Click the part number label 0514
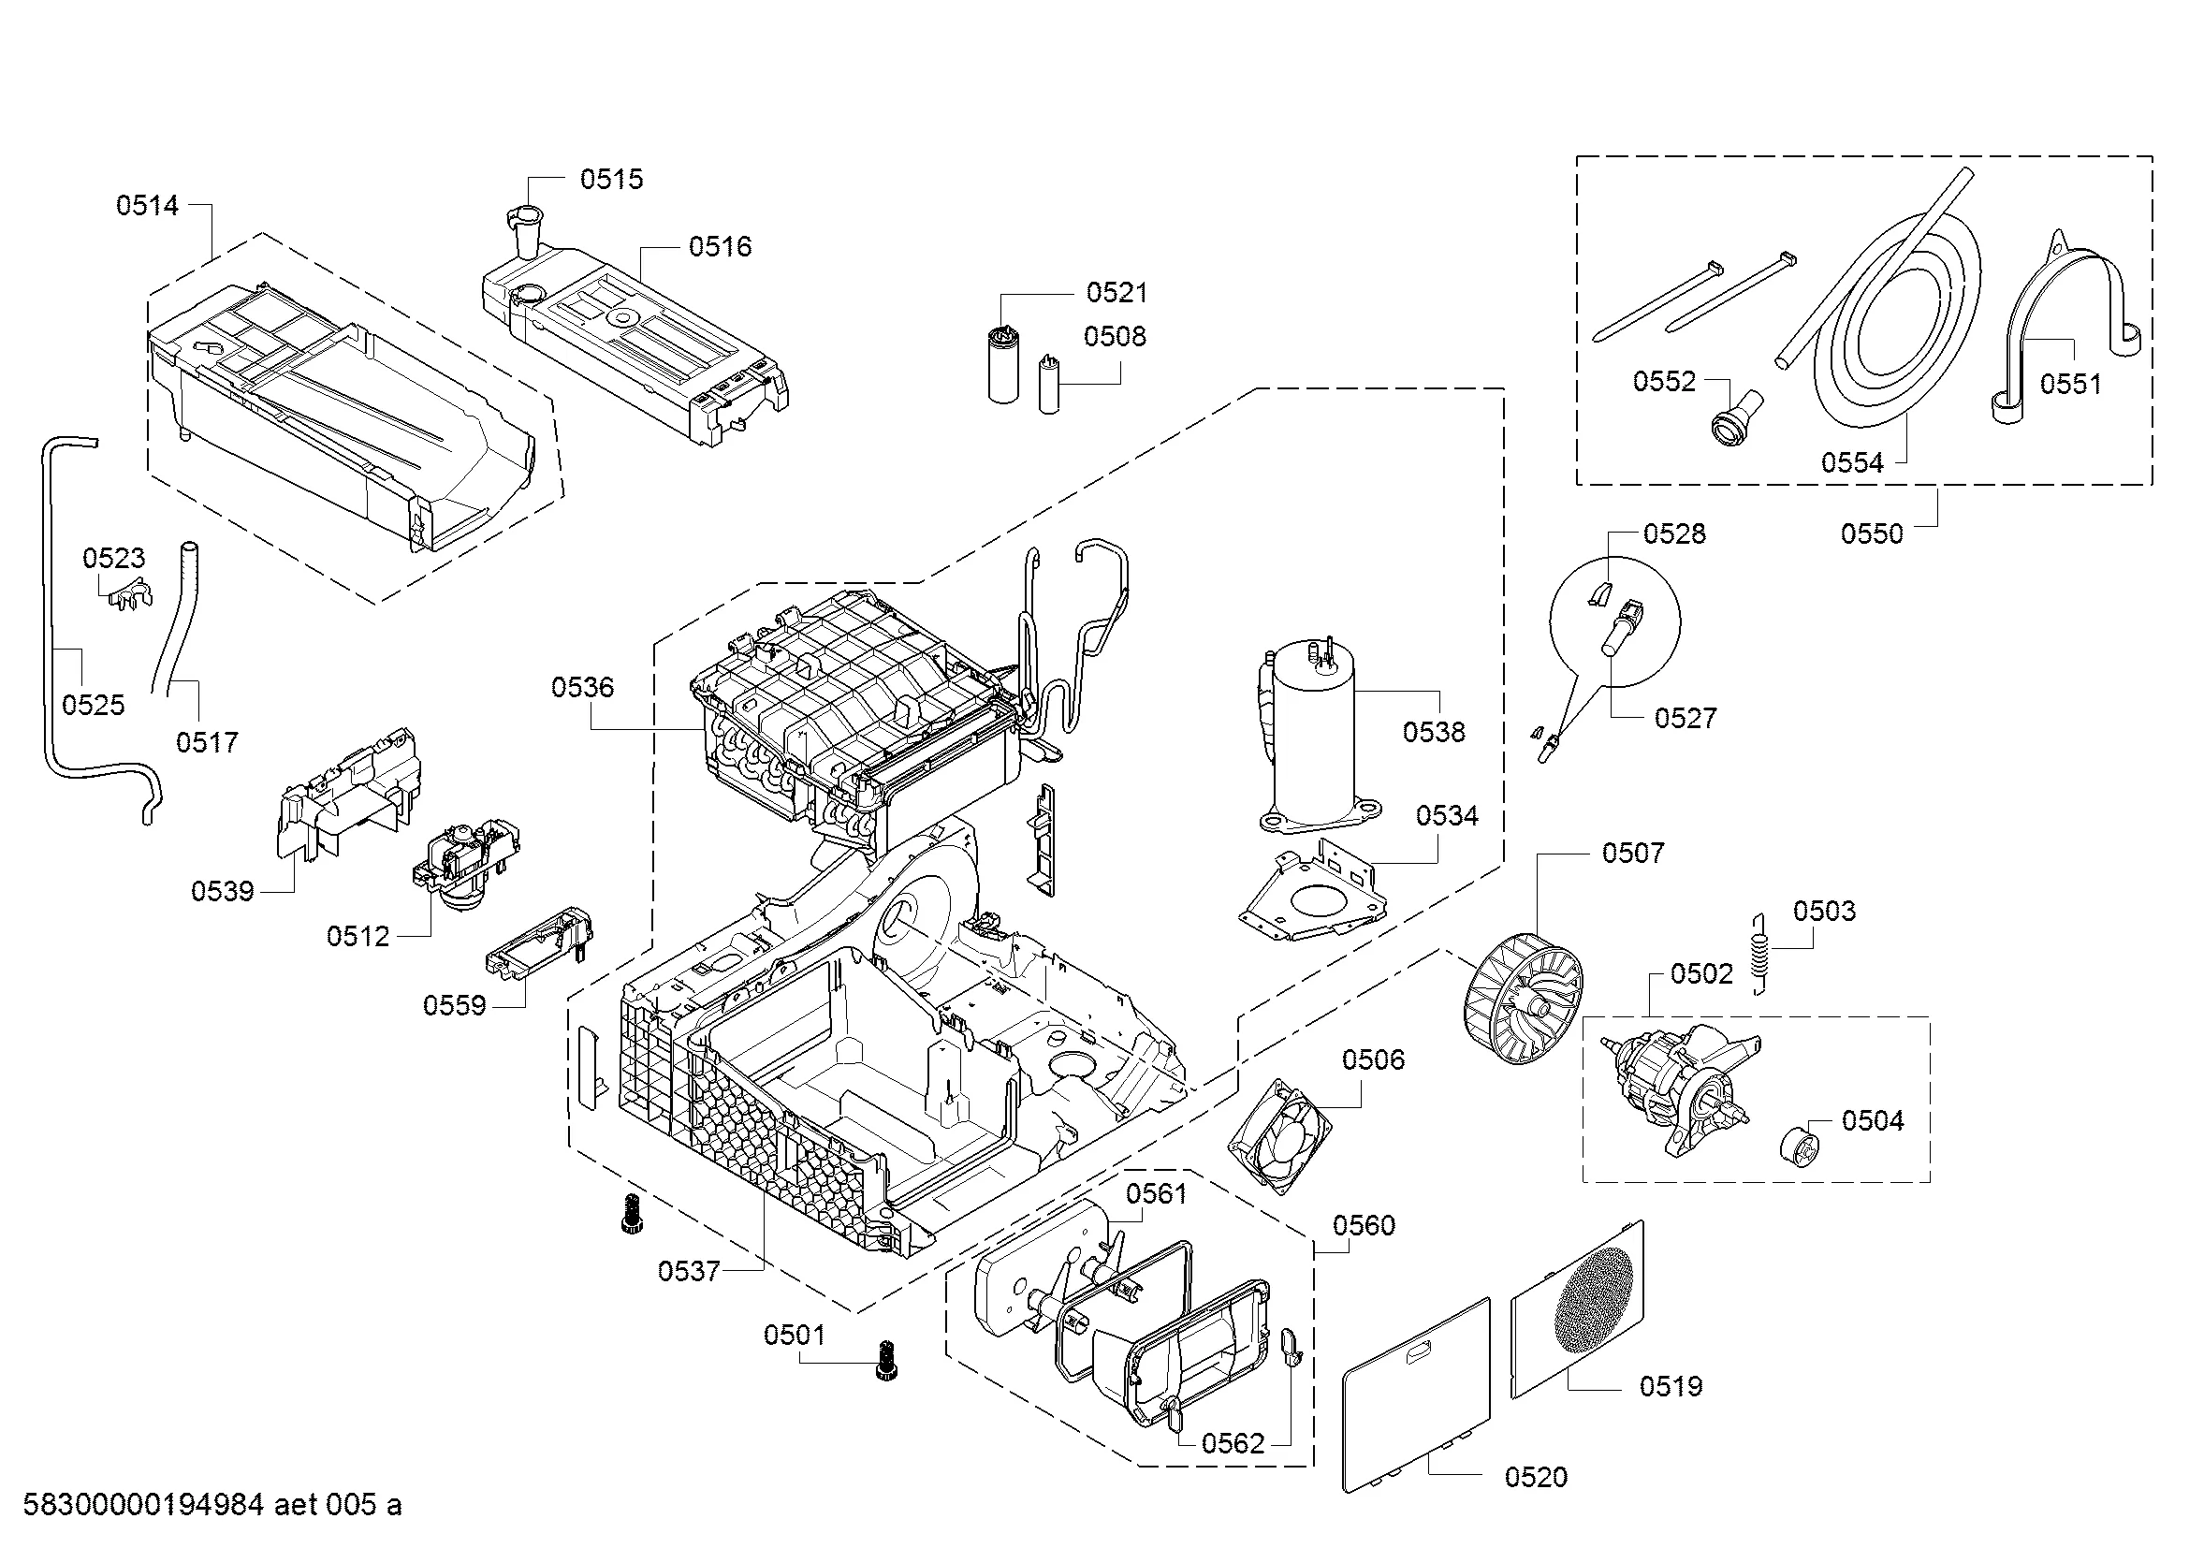click(147, 205)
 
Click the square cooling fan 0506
click(1278, 1135)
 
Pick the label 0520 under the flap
click(1536, 1477)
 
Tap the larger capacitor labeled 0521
click(1002, 364)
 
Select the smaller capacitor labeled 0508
click(1049, 383)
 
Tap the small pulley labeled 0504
click(1799, 1144)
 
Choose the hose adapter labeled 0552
click(1737, 420)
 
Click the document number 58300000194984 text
click(143, 1505)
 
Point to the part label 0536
click(581, 687)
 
